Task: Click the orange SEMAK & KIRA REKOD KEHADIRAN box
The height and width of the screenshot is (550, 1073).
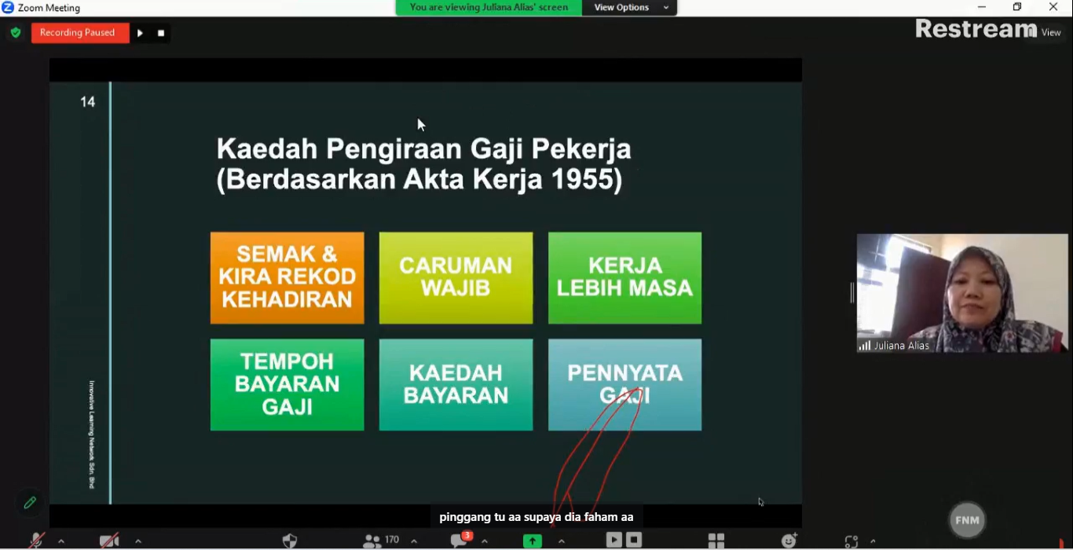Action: tap(287, 278)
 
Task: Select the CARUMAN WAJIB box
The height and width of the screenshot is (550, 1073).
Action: tap(456, 278)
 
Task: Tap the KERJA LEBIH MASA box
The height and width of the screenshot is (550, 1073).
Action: tap(624, 278)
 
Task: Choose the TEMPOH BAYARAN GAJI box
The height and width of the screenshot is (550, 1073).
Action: tap(287, 385)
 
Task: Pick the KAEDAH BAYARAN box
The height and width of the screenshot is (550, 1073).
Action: tap(456, 385)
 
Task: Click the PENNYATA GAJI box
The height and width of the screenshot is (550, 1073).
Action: tap(624, 385)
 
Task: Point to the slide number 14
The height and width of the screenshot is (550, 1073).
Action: tap(88, 101)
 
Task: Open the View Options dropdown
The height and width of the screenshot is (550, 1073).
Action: tap(629, 7)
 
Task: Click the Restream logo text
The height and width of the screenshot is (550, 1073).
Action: tap(976, 29)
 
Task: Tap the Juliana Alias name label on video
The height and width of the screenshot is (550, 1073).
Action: tap(901, 346)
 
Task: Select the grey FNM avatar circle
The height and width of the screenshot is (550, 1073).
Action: tap(967, 520)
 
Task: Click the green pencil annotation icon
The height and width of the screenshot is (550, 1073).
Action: tap(30, 503)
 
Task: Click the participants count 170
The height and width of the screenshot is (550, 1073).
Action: tap(391, 540)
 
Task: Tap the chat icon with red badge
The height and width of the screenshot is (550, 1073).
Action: tap(460, 540)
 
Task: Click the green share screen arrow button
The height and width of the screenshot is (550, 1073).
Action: tap(533, 541)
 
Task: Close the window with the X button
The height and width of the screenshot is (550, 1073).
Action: tap(1053, 7)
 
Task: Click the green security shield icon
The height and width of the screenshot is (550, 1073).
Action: tap(16, 32)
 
